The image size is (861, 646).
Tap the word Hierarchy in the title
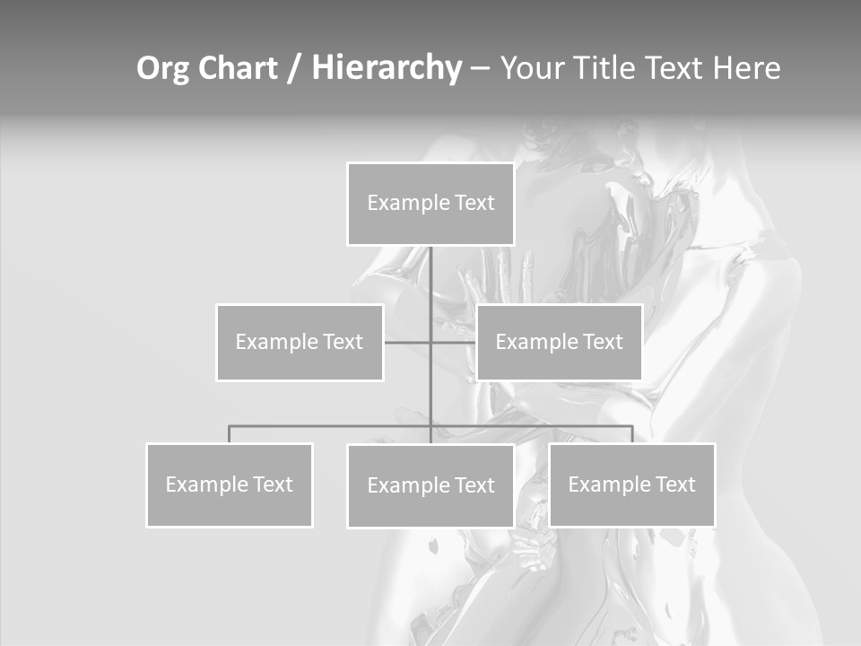coord(387,68)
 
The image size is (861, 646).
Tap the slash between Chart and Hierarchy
coord(293,69)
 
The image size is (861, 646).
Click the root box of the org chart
coord(430,204)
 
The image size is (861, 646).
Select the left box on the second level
coord(300,342)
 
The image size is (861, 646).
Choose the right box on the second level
coord(559,342)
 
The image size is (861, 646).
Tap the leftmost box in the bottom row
coord(229,484)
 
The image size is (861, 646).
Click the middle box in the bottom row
coord(430,485)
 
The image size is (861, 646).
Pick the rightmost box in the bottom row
coord(631,484)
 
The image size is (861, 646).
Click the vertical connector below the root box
coord(430,278)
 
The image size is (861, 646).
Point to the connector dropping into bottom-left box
coord(229,434)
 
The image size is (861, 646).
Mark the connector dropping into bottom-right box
coord(632,434)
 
